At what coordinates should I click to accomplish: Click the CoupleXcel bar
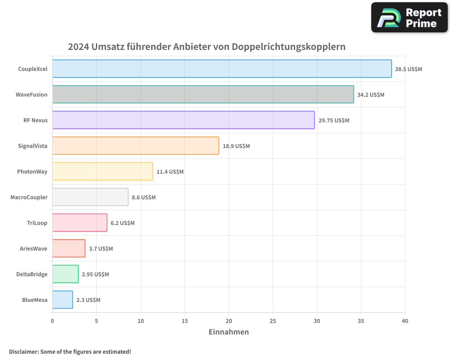(222, 69)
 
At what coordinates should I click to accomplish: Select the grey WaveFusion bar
(203, 94)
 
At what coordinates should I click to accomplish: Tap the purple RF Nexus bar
(183, 120)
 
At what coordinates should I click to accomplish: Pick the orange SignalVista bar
(135, 146)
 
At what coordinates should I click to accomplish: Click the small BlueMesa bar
(63, 300)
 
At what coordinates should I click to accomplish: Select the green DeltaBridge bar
(65, 274)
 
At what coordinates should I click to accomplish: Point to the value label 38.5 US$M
(409, 69)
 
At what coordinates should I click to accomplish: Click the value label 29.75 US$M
(333, 121)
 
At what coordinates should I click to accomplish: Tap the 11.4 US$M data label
(170, 172)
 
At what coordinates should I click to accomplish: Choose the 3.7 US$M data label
(101, 249)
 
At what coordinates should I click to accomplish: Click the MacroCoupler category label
(29, 197)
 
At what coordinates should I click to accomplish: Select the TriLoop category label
(37, 223)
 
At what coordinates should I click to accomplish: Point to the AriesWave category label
(33, 248)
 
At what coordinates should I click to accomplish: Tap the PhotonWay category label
(32, 171)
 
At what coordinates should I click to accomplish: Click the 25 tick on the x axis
(273, 321)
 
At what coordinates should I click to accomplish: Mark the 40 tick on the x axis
(405, 321)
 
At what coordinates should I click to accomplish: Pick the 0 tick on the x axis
(53, 321)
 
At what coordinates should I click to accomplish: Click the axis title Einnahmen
(229, 332)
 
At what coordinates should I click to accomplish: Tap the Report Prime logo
(409, 18)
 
